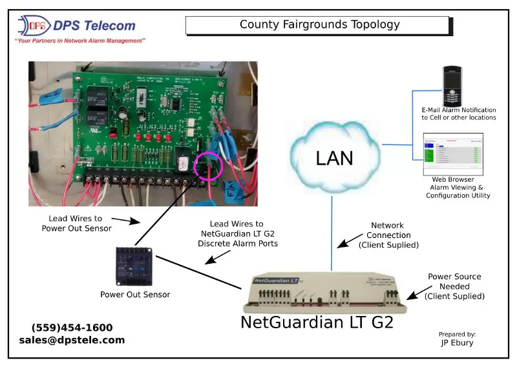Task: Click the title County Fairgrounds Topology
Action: pyautogui.click(x=319, y=25)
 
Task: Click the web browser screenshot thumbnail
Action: pyautogui.click(x=453, y=153)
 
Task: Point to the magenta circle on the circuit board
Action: pyautogui.click(x=209, y=166)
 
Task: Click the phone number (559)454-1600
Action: pyautogui.click(x=72, y=328)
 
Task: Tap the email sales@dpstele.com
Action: pyautogui.click(x=72, y=340)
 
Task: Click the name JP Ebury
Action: pyautogui.click(x=457, y=343)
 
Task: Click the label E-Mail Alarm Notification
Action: pyautogui.click(x=458, y=111)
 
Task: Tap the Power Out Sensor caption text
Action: pyautogui.click(x=135, y=295)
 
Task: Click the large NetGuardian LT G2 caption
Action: pyautogui.click(x=317, y=322)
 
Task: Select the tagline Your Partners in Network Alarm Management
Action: pyautogui.click(x=79, y=40)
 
